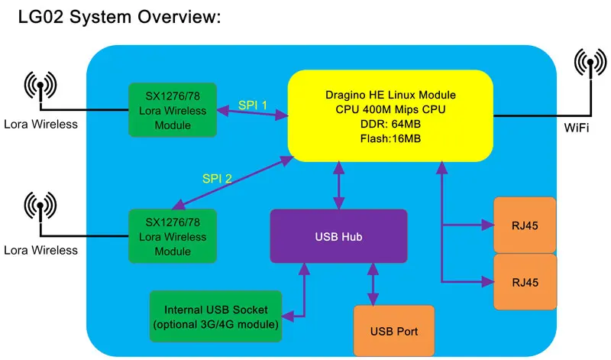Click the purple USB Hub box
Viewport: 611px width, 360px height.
click(x=338, y=236)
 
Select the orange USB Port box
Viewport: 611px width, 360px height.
click(x=394, y=330)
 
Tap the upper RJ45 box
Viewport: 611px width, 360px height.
click(x=525, y=225)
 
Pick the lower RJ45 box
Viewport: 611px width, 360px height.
click(x=525, y=282)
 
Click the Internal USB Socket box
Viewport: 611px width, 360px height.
click(x=216, y=316)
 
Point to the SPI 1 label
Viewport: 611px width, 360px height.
click(x=253, y=105)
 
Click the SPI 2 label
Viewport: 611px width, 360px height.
click(x=217, y=179)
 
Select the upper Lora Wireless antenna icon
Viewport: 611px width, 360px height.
click(x=40, y=86)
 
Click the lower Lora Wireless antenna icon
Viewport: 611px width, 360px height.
click(x=40, y=206)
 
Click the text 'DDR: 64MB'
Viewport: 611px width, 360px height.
click(x=390, y=124)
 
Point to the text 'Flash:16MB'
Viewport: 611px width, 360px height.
click(x=390, y=138)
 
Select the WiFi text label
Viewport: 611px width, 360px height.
click(x=577, y=128)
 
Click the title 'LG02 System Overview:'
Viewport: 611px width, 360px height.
click(x=119, y=17)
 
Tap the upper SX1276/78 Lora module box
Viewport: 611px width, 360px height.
click(x=173, y=109)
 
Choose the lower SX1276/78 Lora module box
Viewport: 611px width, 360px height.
click(x=173, y=236)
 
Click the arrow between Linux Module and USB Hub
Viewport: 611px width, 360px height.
click(x=338, y=185)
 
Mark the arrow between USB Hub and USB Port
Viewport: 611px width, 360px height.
click(x=373, y=284)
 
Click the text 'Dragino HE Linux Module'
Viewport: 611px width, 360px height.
click(x=390, y=95)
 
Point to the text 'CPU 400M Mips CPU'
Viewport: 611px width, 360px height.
click(x=390, y=109)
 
